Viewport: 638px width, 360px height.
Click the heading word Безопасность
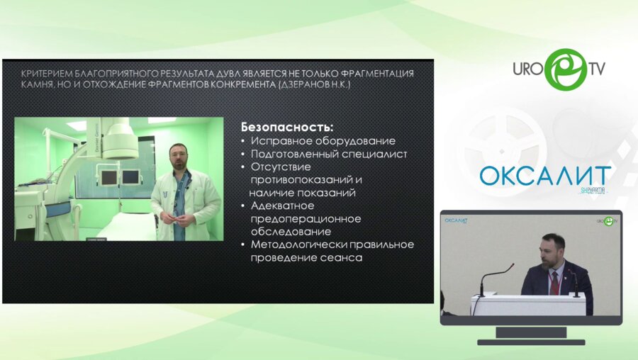point(286,128)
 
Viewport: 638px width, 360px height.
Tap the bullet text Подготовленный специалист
point(329,154)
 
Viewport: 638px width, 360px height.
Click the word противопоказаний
point(301,179)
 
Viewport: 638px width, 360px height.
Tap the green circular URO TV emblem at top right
point(565,69)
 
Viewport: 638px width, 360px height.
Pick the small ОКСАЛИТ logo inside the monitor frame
point(457,220)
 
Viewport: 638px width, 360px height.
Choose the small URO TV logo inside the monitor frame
point(605,221)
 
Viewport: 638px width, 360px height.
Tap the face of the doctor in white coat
point(178,157)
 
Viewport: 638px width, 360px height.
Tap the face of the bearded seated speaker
point(553,249)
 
